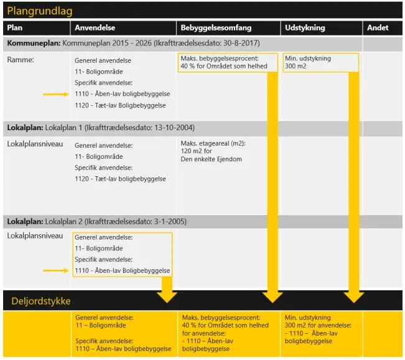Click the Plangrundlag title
pyautogui.click(x=40, y=11)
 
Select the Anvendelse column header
pyautogui.click(x=95, y=28)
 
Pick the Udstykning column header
pyautogui.click(x=305, y=28)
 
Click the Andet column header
pyautogui.click(x=378, y=28)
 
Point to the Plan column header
pyautogui.click(x=15, y=28)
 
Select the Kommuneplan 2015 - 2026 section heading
pyautogui.click(x=133, y=44)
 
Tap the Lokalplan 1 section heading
pyautogui.click(x=101, y=128)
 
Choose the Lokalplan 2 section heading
pyautogui.click(x=96, y=222)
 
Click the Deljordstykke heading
pyautogui.click(x=41, y=301)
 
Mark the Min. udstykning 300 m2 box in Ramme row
pyautogui.click(x=320, y=62)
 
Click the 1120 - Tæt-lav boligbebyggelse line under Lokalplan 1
pyautogui.click(x=120, y=179)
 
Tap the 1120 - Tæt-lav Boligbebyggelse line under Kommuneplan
pyautogui.click(x=122, y=106)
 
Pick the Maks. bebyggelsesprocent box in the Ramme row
pyautogui.click(x=224, y=62)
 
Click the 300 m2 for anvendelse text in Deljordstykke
pyautogui.click(x=318, y=325)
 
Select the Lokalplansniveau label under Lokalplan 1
pyautogui.click(x=35, y=144)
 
